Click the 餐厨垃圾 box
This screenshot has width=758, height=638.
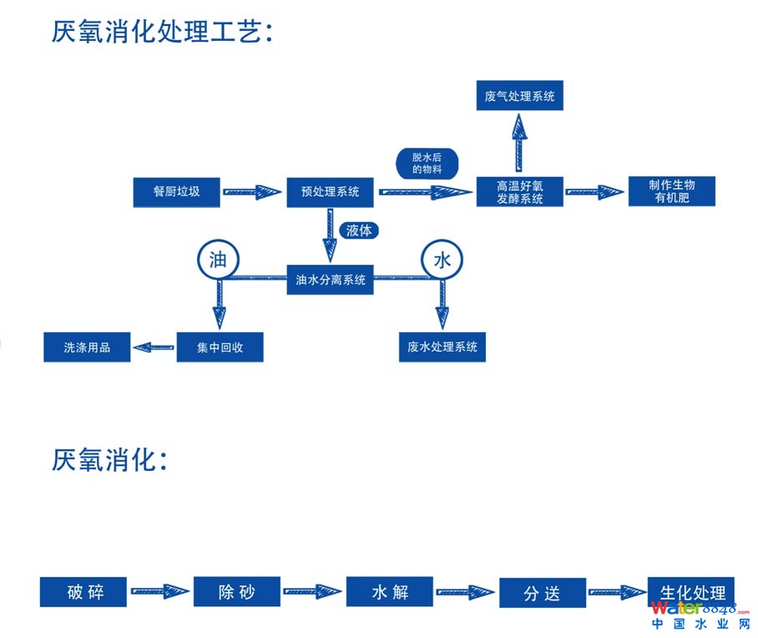(x=176, y=192)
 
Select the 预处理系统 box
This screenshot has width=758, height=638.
(x=330, y=192)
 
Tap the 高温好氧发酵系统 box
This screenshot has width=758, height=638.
(x=519, y=192)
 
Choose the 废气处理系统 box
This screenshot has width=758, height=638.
(x=519, y=96)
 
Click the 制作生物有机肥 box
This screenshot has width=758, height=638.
(x=671, y=191)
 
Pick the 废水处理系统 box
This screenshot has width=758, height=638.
(x=442, y=347)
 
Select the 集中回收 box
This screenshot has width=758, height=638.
(x=220, y=347)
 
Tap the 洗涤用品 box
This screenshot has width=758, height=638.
(x=87, y=347)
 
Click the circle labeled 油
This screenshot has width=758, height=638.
(x=217, y=260)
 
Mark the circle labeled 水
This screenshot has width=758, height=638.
(x=441, y=260)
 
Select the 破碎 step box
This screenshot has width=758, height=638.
(x=84, y=592)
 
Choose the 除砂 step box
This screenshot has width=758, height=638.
(x=236, y=592)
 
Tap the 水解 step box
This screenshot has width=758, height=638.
(x=389, y=592)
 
